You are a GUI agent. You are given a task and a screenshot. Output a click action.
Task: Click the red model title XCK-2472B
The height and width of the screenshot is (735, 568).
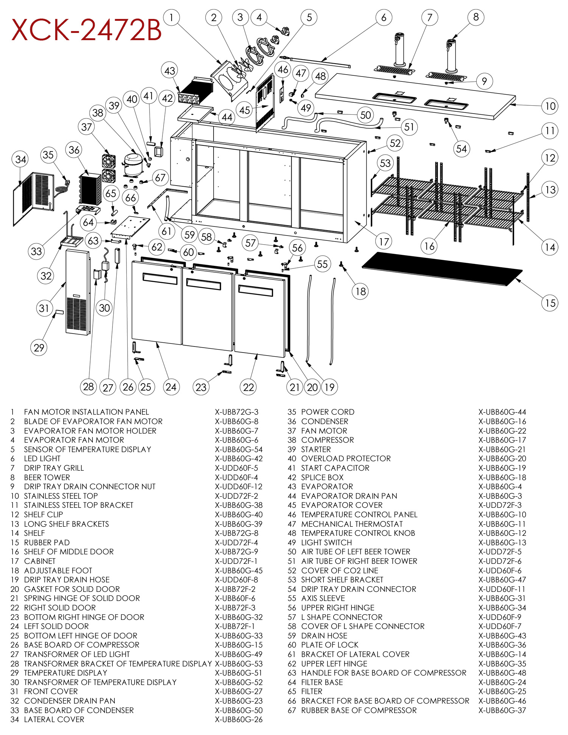tap(86, 30)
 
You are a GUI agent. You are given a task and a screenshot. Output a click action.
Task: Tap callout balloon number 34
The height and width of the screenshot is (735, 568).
tap(21, 159)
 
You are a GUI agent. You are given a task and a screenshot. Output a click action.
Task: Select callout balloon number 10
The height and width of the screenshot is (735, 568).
tap(550, 106)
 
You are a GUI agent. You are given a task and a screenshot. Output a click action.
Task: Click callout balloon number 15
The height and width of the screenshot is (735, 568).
tap(550, 303)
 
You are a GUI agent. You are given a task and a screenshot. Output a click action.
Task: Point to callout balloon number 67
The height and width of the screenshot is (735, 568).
tap(160, 178)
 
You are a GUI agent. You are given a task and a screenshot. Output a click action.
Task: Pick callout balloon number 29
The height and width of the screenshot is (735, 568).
tap(39, 348)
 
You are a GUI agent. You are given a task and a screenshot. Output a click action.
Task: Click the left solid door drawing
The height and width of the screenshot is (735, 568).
tap(156, 303)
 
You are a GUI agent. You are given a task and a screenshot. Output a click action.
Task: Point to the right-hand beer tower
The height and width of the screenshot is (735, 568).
tap(450, 57)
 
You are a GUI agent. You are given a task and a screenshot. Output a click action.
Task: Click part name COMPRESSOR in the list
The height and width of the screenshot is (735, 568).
tap(327, 440)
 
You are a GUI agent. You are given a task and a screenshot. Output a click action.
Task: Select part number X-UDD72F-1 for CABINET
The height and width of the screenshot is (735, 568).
tap(236, 561)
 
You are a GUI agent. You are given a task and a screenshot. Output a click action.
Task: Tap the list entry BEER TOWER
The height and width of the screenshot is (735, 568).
tap(47, 478)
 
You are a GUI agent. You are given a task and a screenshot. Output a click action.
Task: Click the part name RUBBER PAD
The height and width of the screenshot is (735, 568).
tap(47, 543)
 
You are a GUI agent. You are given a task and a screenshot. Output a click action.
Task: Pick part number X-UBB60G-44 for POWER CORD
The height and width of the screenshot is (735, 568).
tap(502, 412)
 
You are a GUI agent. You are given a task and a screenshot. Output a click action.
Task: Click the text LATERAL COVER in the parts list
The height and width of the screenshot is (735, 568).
tap(54, 719)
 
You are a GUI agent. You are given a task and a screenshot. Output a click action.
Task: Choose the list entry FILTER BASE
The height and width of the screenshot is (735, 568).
tap(322, 682)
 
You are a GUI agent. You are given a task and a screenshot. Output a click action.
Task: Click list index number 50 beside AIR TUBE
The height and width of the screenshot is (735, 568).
tap(292, 552)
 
